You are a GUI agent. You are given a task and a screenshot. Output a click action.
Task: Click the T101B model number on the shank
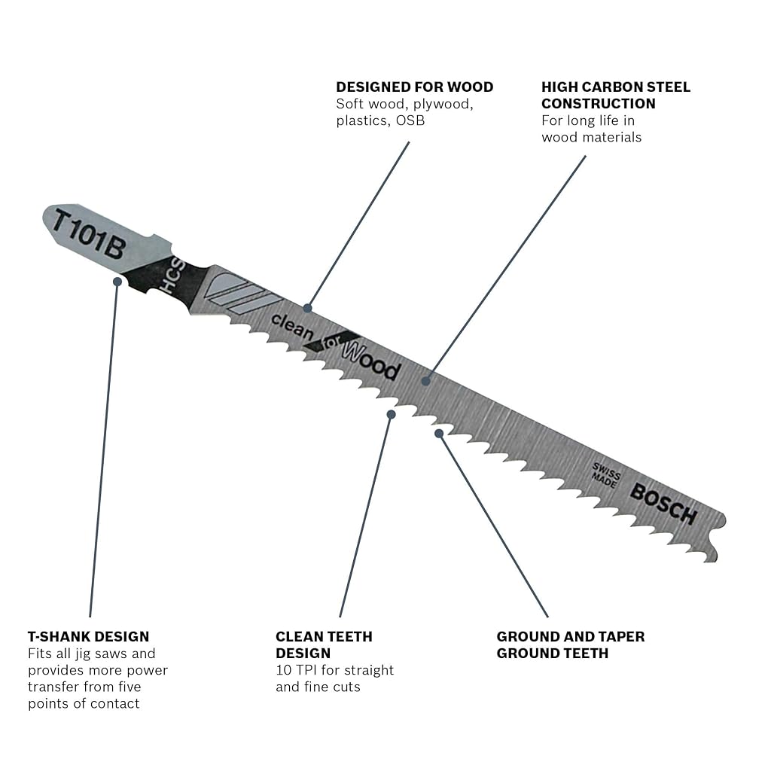[x=89, y=234]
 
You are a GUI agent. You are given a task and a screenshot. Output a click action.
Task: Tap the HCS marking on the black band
[x=175, y=276]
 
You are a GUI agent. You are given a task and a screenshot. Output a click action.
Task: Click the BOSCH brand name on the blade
[x=663, y=504]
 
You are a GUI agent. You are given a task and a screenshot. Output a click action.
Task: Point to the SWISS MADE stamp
[x=606, y=474]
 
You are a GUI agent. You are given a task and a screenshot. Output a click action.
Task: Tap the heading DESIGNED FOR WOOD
[x=415, y=87]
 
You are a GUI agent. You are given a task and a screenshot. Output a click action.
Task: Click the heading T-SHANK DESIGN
[x=89, y=636]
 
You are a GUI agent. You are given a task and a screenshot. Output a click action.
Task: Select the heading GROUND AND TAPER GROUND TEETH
[x=571, y=645]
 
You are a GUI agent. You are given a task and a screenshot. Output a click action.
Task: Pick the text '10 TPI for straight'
[x=335, y=669]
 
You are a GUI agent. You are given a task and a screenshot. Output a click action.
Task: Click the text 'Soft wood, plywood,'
[x=404, y=104]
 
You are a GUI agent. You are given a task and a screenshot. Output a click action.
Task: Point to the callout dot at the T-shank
[x=117, y=282]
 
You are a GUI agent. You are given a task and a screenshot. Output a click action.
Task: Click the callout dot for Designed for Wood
[x=308, y=308]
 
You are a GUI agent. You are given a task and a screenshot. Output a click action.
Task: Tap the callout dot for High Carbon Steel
[x=426, y=381]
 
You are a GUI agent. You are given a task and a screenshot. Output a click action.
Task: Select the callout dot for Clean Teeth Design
[x=392, y=415]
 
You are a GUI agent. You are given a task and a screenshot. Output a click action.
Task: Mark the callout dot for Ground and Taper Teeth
[x=439, y=433]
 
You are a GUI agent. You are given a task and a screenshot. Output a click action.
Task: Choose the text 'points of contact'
[x=84, y=704]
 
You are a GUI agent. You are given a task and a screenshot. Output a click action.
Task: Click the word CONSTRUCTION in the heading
[x=599, y=104]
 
